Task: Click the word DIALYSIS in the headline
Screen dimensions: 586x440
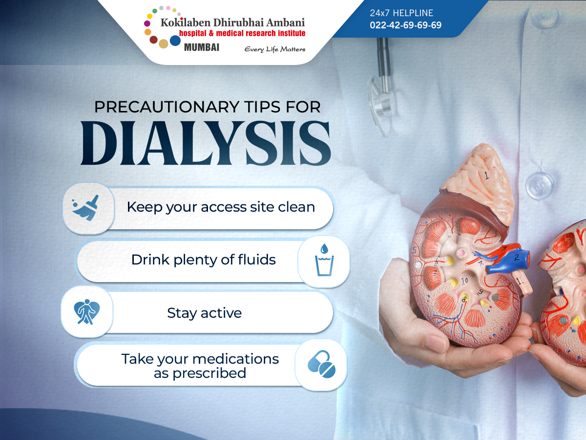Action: pyautogui.click(x=206, y=143)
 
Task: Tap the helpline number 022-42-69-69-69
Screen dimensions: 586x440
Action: pyautogui.click(x=405, y=25)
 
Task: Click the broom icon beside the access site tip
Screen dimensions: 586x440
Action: pyautogui.click(x=85, y=208)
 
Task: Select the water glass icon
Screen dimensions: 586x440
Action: pyautogui.click(x=324, y=260)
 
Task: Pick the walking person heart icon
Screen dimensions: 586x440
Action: pyautogui.click(x=86, y=312)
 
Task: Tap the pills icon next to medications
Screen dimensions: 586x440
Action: pyautogui.click(x=321, y=364)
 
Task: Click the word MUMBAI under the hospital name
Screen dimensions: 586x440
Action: pyautogui.click(x=202, y=47)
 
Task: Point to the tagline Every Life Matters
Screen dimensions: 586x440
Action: pyautogui.click(x=275, y=49)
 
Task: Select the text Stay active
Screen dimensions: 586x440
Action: pyautogui.click(x=205, y=313)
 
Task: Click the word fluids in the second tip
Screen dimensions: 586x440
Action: pyautogui.click(x=257, y=260)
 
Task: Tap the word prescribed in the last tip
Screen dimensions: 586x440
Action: pyautogui.click(x=209, y=373)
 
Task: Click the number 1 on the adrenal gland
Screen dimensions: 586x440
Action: pyautogui.click(x=487, y=175)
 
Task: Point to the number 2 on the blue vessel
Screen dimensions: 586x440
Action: pyautogui.click(x=517, y=257)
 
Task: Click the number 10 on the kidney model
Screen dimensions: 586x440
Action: pyautogui.click(x=464, y=281)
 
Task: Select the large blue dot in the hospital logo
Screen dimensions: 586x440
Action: pyautogui.click(x=175, y=41)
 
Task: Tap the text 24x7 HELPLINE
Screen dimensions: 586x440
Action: pyautogui.click(x=401, y=13)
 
